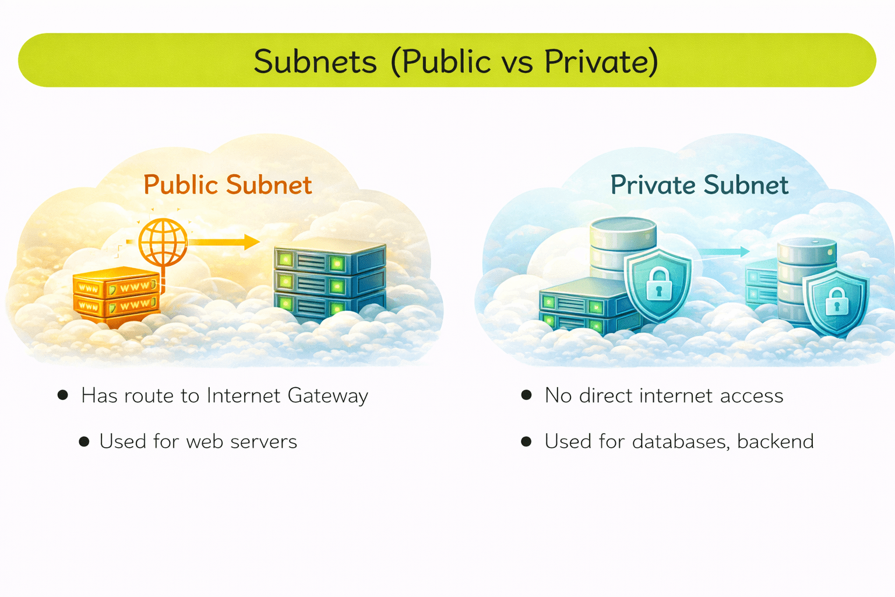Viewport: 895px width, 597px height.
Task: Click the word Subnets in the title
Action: [x=315, y=62]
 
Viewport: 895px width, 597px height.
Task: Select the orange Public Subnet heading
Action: [x=227, y=185]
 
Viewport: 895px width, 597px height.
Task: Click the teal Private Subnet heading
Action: [x=699, y=185]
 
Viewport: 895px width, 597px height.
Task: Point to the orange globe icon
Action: [x=163, y=242]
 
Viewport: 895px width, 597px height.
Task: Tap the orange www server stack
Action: [x=116, y=296]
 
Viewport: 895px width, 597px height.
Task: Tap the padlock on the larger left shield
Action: [x=658, y=284]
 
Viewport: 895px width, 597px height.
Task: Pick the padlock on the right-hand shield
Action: [x=837, y=302]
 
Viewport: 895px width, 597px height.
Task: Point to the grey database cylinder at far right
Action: [x=808, y=274]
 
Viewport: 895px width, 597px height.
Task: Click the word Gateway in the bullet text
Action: [x=328, y=396]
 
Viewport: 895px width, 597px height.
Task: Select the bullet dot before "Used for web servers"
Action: [x=84, y=442]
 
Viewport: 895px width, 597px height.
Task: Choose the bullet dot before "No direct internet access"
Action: [x=526, y=395]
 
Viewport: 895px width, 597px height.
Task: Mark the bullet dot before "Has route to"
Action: [x=63, y=395]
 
